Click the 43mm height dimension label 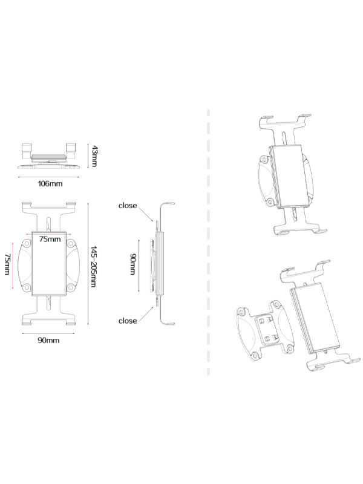94,157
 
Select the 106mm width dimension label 50,184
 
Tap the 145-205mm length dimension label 94,266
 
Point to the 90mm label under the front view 48,341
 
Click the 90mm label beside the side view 133,264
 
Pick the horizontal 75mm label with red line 50,239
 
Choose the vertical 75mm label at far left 7,264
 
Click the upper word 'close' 128,206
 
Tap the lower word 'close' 128,321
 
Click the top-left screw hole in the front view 27,244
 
